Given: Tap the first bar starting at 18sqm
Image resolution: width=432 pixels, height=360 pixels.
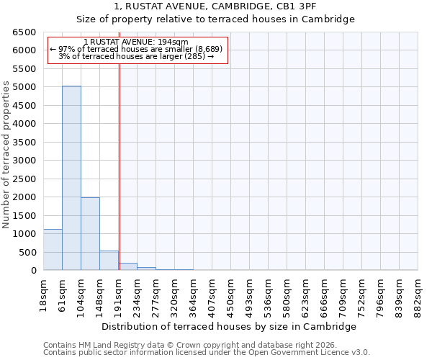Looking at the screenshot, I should (x=53, y=250).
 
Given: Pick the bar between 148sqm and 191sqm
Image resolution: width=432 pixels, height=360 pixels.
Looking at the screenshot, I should (x=109, y=261).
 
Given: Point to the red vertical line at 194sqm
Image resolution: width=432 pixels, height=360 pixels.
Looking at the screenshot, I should (x=120, y=158).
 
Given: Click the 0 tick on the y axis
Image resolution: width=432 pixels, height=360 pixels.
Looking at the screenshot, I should (x=33, y=271).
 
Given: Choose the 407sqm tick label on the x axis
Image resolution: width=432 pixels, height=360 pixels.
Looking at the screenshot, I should (x=212, y=295).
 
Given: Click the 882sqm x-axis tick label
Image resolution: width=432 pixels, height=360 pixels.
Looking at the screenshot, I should (x=418, y=295).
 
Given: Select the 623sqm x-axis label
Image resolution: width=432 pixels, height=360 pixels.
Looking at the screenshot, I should (x=305, y=295).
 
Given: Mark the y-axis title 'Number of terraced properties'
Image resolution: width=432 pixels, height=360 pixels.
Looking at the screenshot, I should (x=6, y=155).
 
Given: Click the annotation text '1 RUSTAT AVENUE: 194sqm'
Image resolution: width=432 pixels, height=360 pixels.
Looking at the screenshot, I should (x=136, y=42).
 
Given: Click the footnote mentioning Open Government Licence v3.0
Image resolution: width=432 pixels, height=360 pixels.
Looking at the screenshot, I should (x=207, y=353).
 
